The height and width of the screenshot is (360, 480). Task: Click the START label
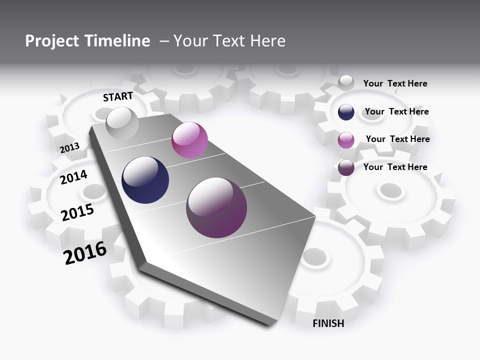point(118,96)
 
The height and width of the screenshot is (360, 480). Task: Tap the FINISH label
point(328,323)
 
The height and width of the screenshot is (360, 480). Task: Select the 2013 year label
point(70,147)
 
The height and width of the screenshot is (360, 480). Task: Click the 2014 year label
point(74,177)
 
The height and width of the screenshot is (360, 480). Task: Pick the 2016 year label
point(85,253)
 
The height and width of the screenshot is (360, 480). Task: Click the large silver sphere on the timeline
point(122,123)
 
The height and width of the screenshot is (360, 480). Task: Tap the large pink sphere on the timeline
point(189,140)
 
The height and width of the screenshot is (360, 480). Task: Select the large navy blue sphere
point(145,180)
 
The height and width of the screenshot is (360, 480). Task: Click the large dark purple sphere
point(216,207)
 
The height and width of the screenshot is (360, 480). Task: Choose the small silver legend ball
point(346,83)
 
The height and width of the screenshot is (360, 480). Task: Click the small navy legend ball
point(346,112)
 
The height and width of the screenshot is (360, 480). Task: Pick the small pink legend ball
point(346,140)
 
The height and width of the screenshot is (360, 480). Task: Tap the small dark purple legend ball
point(346,167)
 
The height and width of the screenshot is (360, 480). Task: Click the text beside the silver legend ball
point(395,83)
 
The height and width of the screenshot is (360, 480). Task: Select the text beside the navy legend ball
point(396,111)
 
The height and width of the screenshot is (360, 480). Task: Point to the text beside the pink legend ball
point(397,139)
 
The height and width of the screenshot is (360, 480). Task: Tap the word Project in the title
point(52,41)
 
